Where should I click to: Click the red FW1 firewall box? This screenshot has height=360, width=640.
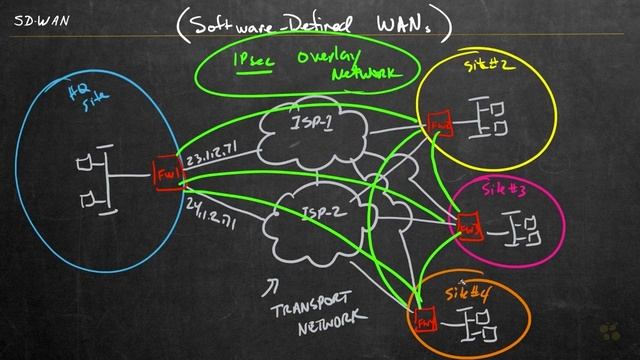coord(167,175)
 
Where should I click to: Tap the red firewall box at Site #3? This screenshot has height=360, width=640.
coord(466,228)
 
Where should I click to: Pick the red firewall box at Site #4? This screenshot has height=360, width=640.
coord(424,322)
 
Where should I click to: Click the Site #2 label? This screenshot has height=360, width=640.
coord(486,66)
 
